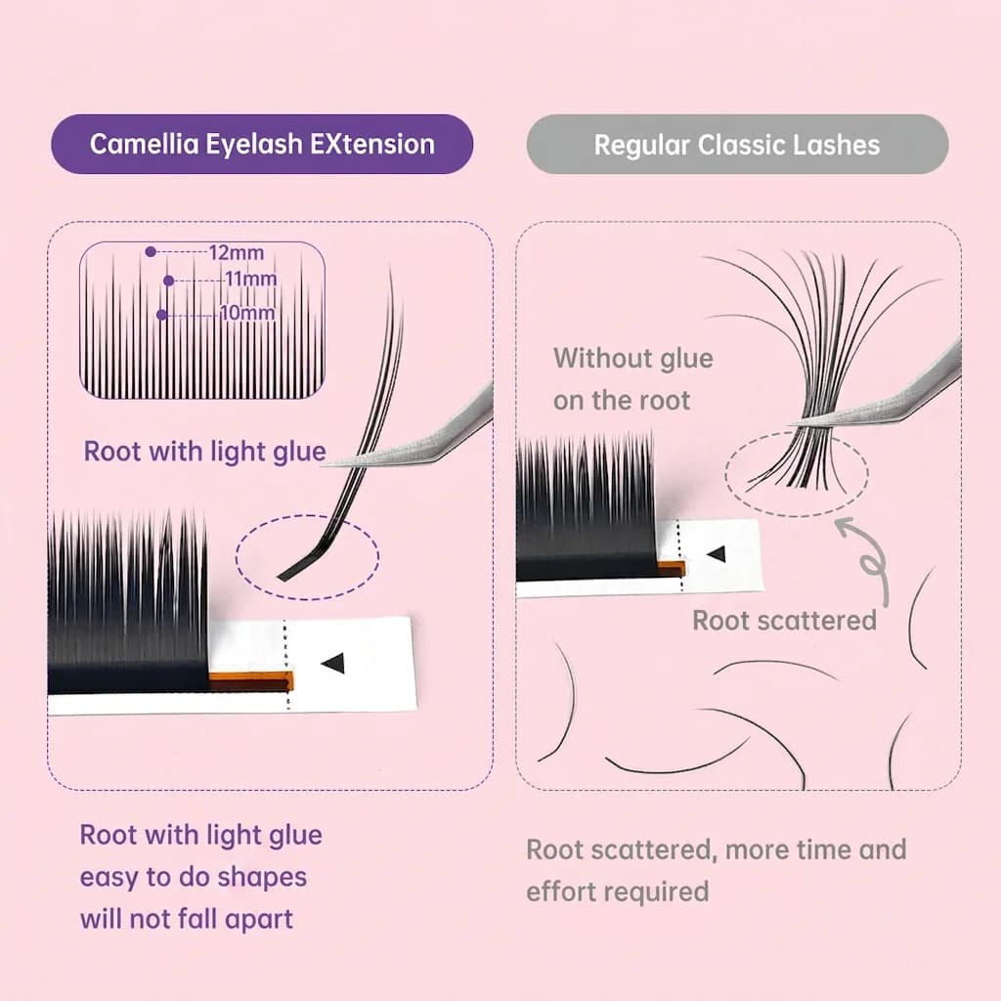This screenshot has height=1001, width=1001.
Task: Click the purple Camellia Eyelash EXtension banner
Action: coord(262,145)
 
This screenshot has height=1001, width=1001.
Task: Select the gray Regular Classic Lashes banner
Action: coord(737,145)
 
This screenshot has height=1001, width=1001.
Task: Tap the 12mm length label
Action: coord(237,253)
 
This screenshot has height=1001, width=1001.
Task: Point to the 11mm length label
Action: coord(251,279)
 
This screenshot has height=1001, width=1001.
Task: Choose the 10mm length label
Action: coord(247,314)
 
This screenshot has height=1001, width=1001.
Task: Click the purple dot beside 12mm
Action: coord(151,252)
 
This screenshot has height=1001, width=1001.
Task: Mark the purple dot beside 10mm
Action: coord(161,315)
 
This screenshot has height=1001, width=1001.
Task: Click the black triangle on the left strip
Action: coord(333,663)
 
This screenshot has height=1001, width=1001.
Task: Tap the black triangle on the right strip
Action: coord(717,553)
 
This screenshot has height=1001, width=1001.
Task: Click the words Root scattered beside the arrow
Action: coord(785,621)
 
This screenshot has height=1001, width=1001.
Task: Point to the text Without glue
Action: coord(633,358)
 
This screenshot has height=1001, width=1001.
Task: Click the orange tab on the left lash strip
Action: coord(251,681)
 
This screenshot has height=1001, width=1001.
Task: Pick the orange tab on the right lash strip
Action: coord(672,568)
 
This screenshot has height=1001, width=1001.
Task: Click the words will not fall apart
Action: coord(187,919)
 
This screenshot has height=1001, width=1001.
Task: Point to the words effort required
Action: coord(618,892)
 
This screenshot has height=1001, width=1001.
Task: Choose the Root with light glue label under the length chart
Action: coord(205,452)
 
